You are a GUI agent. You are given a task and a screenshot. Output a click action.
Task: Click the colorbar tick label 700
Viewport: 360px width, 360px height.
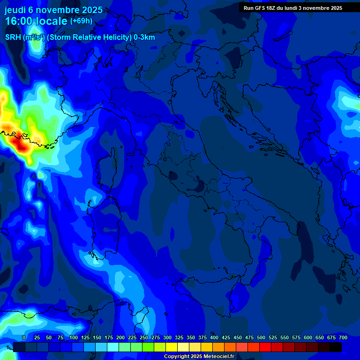tap(343, 337)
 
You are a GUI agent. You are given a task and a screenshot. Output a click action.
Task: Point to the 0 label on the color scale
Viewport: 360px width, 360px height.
tap(24, 337)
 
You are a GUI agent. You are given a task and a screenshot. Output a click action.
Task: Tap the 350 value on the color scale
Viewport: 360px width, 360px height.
tap(191, 337)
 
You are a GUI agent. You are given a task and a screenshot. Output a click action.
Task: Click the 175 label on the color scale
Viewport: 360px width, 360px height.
tap(109, 337)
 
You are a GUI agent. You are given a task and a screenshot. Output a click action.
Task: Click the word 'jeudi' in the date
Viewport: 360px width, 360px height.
tap(15, 10)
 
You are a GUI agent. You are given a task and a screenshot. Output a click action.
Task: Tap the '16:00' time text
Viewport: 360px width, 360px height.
tap(19, 22)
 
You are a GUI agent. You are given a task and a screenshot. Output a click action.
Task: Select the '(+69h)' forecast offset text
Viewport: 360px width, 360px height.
tap(81, 21)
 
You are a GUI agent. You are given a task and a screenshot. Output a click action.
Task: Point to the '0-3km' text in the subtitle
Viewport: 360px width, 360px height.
tap(144, 37)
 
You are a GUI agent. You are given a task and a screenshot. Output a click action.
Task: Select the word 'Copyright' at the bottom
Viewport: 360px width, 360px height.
tap(176, 357)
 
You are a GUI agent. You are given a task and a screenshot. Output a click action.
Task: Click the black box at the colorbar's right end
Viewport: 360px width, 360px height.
tap(336, 347)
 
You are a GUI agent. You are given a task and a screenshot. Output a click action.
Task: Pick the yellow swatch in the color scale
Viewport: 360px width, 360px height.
tap(172, 347)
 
